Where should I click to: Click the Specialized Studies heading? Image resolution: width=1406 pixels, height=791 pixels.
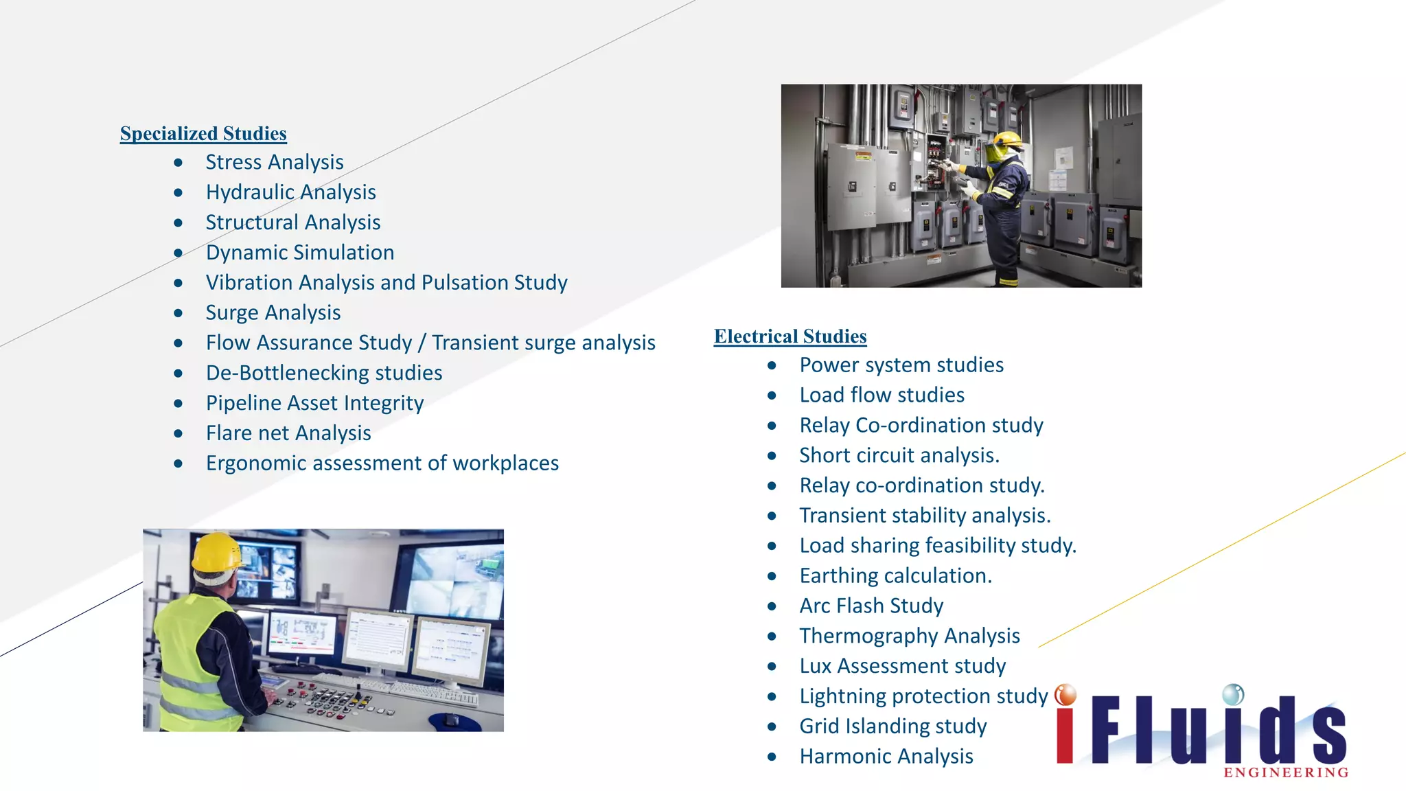tap(203, 133)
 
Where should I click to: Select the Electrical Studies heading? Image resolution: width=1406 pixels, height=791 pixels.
tap(790, 336)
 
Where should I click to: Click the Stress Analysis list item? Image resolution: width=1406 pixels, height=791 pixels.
tap(275, 162)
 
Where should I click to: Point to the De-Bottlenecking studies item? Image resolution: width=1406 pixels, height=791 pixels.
tap(324, 373)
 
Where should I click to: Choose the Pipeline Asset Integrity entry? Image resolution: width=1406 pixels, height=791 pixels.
tap(314, 403)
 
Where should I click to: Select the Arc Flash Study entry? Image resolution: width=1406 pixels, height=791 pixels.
tap(871, 606)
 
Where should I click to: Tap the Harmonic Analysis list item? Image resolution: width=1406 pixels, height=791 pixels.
tap(886, 756)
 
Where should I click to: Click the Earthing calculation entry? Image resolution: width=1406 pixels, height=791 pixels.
tap(895, 575)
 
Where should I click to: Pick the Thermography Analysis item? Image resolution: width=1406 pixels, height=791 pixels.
tap(910, 636)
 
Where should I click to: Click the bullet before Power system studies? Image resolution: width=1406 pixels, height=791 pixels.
tap(772, 365)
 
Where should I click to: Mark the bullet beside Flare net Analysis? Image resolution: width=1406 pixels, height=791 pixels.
tap(178, 433)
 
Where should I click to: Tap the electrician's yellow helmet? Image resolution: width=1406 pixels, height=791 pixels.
tap(1003, 140)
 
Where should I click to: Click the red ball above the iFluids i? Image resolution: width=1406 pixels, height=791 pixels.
tap(1065, 695)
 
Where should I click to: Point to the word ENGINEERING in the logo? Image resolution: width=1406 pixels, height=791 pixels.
tap(1286, 772)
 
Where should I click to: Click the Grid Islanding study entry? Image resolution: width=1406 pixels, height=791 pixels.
tap(892, 726)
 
